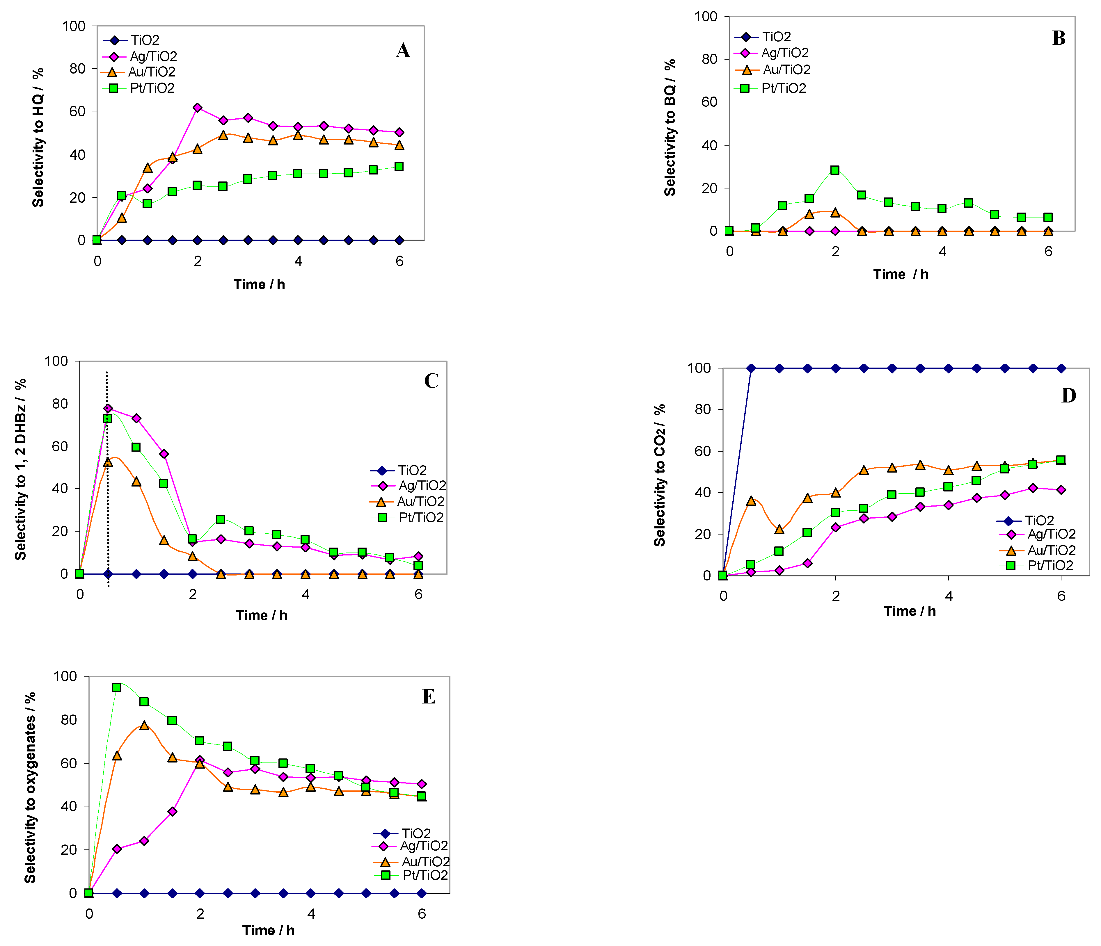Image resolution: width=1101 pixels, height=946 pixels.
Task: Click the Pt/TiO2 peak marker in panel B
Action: pyautogui.click(x=835, y=170)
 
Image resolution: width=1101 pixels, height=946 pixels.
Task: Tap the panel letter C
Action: pyautogui.click(x=431, y=381)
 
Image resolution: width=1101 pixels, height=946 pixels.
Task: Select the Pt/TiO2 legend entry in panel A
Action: pyautogui.click(x=139, y=88)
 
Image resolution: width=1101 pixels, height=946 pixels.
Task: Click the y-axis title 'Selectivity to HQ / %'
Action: pyautogui.click(x=38, y=137)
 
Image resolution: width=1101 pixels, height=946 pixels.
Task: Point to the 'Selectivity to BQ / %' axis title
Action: pyautogui.click(x=670, y=127)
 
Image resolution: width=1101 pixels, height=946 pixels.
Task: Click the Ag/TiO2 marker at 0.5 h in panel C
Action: pyautogui.click(x=108, y=409)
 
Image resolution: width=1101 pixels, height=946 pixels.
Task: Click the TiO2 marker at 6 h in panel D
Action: pyautogui.click(x=1061, y=368)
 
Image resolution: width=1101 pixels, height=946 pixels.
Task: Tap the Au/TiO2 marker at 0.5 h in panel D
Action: pyautogui.click(x=751, y=500)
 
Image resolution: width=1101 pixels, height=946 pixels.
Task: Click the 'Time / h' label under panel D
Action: pyautogui.click(x=910, y=611)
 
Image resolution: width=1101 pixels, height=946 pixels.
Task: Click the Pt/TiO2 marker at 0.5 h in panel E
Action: pyautogui.click(x=116, y=687)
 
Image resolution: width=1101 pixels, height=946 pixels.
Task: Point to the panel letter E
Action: pyautogui.click(x=429, y=696)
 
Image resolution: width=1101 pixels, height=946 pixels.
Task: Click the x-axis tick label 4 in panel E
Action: pyautogui.click(x=311, y=914)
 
